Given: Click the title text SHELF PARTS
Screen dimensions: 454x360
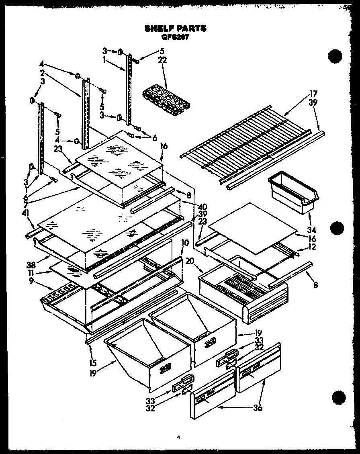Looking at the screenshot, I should point(175,29).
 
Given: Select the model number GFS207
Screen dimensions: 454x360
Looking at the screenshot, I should point(175,37).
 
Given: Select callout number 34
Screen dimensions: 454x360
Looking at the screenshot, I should point(312,230).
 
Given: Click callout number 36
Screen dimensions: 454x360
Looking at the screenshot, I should point(258,408).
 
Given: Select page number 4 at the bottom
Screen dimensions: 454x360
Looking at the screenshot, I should point(178,438).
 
